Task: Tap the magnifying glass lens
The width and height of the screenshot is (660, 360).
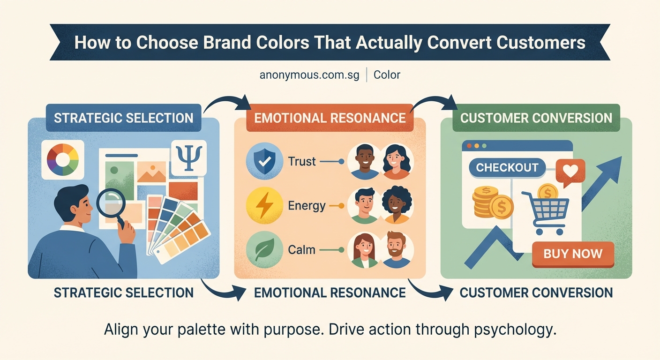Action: [110, 202]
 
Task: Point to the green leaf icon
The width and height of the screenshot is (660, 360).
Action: [264, 249]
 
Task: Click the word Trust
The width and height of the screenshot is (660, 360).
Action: [302, 162]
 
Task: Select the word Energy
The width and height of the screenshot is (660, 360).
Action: [307, 206]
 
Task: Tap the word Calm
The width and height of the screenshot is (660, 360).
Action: [301, 249]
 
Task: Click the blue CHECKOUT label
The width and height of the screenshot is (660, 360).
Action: [507, 168]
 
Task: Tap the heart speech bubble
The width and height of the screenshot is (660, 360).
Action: [570, 171]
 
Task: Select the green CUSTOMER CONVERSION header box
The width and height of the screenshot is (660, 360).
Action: [536, 118]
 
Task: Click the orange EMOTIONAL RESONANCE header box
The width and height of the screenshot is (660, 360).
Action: [330, 118]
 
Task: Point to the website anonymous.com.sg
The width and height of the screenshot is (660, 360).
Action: [309, 75]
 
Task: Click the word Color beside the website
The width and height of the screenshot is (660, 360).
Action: [387, 75]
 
